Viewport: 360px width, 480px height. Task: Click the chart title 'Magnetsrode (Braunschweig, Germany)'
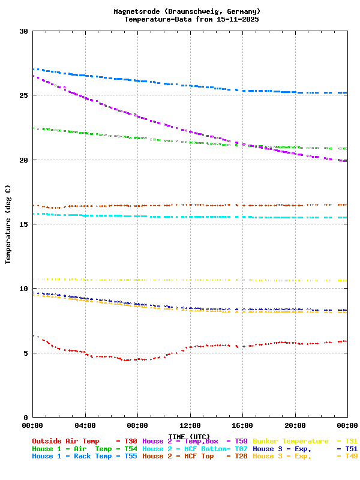click(187, 11)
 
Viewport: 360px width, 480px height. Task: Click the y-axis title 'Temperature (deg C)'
click(8, 224)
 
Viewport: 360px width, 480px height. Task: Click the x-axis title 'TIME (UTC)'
click(190, 436)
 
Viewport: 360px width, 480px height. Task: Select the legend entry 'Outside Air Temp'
click(65, 441)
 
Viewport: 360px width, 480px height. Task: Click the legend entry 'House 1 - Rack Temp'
click(72, 457)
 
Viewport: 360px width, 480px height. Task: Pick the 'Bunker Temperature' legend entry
click(290, 441)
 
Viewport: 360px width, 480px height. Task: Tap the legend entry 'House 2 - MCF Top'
click(178, 457)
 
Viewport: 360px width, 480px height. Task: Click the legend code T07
click(241, 449)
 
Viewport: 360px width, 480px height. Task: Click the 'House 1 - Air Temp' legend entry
click(72, 449)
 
